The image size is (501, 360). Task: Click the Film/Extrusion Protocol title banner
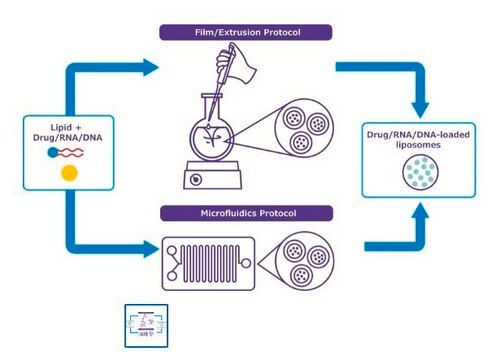point(246,33)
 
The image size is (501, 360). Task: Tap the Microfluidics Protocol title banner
point(247,213)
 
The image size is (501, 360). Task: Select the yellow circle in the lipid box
point(69,173)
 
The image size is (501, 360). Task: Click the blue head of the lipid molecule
point(53,153)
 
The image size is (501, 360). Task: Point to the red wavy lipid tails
point(71,153)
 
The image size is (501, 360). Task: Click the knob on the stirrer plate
point(196,180)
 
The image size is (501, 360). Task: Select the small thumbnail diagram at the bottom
point(146,326)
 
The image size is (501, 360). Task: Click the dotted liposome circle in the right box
point(420,172)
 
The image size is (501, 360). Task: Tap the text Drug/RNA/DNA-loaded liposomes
point(418,140)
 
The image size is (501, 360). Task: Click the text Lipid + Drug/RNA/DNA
point(68,132)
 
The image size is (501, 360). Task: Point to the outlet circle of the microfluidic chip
point(246,263)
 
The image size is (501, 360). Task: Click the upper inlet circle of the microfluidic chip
point(172,251)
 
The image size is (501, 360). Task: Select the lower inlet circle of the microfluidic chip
point(172,276)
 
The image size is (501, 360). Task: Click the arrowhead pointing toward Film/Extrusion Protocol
point(151,67)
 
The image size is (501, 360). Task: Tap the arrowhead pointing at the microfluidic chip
point(151,249)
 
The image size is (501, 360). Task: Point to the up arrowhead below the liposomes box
point(420,211)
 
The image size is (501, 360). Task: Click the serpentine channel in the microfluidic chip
point(211,263)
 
